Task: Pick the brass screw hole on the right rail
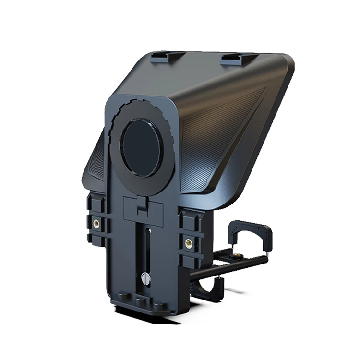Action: pos(188,242)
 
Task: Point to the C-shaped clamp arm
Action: pos(252,233)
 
